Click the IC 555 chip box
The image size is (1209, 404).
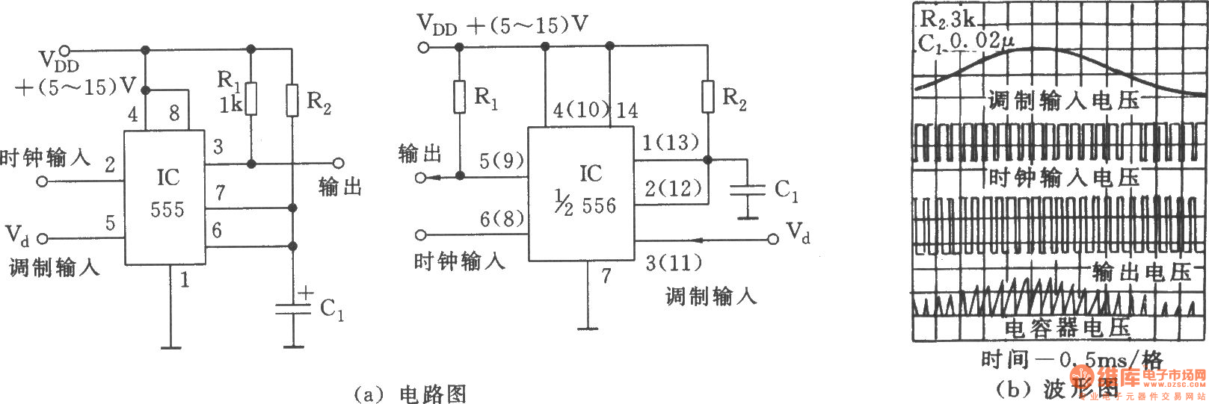pyautogui.click(x=164, y=197)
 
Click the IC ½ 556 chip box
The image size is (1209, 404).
pyautogui.click(x=581, y=193)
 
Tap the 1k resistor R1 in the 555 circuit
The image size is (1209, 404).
pyautogui.click(x=251, y=99)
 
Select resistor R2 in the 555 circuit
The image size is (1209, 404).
pyautogui.click(x=292, y=100)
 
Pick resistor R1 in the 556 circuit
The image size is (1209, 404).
pyautogui.click(x=460, y=96)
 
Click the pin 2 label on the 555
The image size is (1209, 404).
pyautogui.click(x=110, y=164)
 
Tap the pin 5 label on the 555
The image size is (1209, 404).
pyautogui.click(x=110, y=223)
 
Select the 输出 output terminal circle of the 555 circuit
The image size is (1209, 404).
pyautogui.click(x=338, y=163)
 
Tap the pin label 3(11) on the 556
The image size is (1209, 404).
pyautogui.click(x=673, y=263)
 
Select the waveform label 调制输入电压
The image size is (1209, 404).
pyautogui.click(x=1063, y=101)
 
